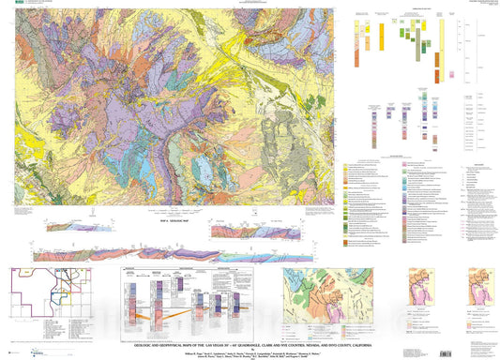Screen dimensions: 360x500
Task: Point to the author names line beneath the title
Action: coord(250,335)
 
